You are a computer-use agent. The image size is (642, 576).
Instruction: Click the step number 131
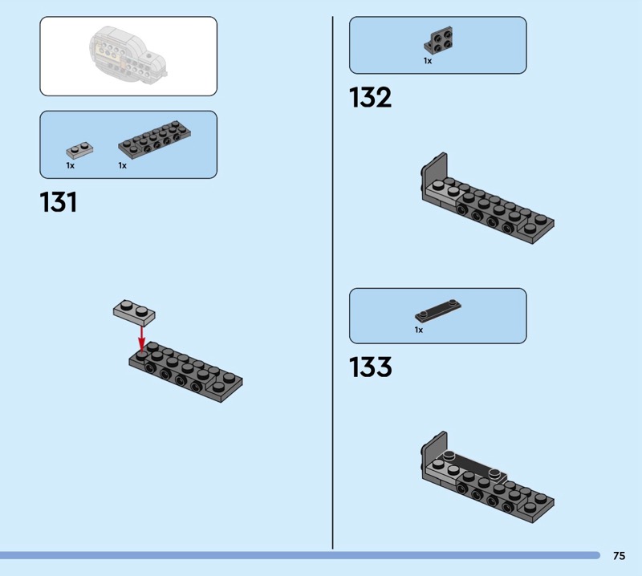coord(59,202)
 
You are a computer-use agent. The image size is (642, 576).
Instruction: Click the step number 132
coord(370,98)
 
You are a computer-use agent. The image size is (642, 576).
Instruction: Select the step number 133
coord(370,367)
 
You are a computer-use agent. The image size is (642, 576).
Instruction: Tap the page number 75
coord(619,555)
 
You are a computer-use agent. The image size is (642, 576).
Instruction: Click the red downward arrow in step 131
coord(142,336)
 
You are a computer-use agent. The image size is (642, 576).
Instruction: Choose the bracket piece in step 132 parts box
coord(437,41)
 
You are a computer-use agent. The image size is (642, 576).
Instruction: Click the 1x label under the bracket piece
coord(428,61)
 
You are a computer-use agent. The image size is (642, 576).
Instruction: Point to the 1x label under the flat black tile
coord(418,330)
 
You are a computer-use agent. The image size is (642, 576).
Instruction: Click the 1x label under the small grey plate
coord(70,165)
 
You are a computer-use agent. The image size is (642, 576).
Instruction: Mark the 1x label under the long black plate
coord(122,165)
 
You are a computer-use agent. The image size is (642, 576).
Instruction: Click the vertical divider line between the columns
coord(332,281)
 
